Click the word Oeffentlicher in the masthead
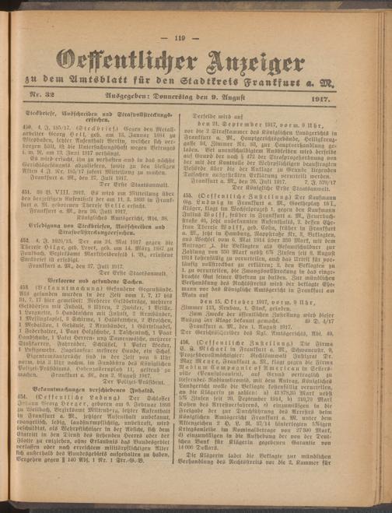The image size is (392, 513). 124,62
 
